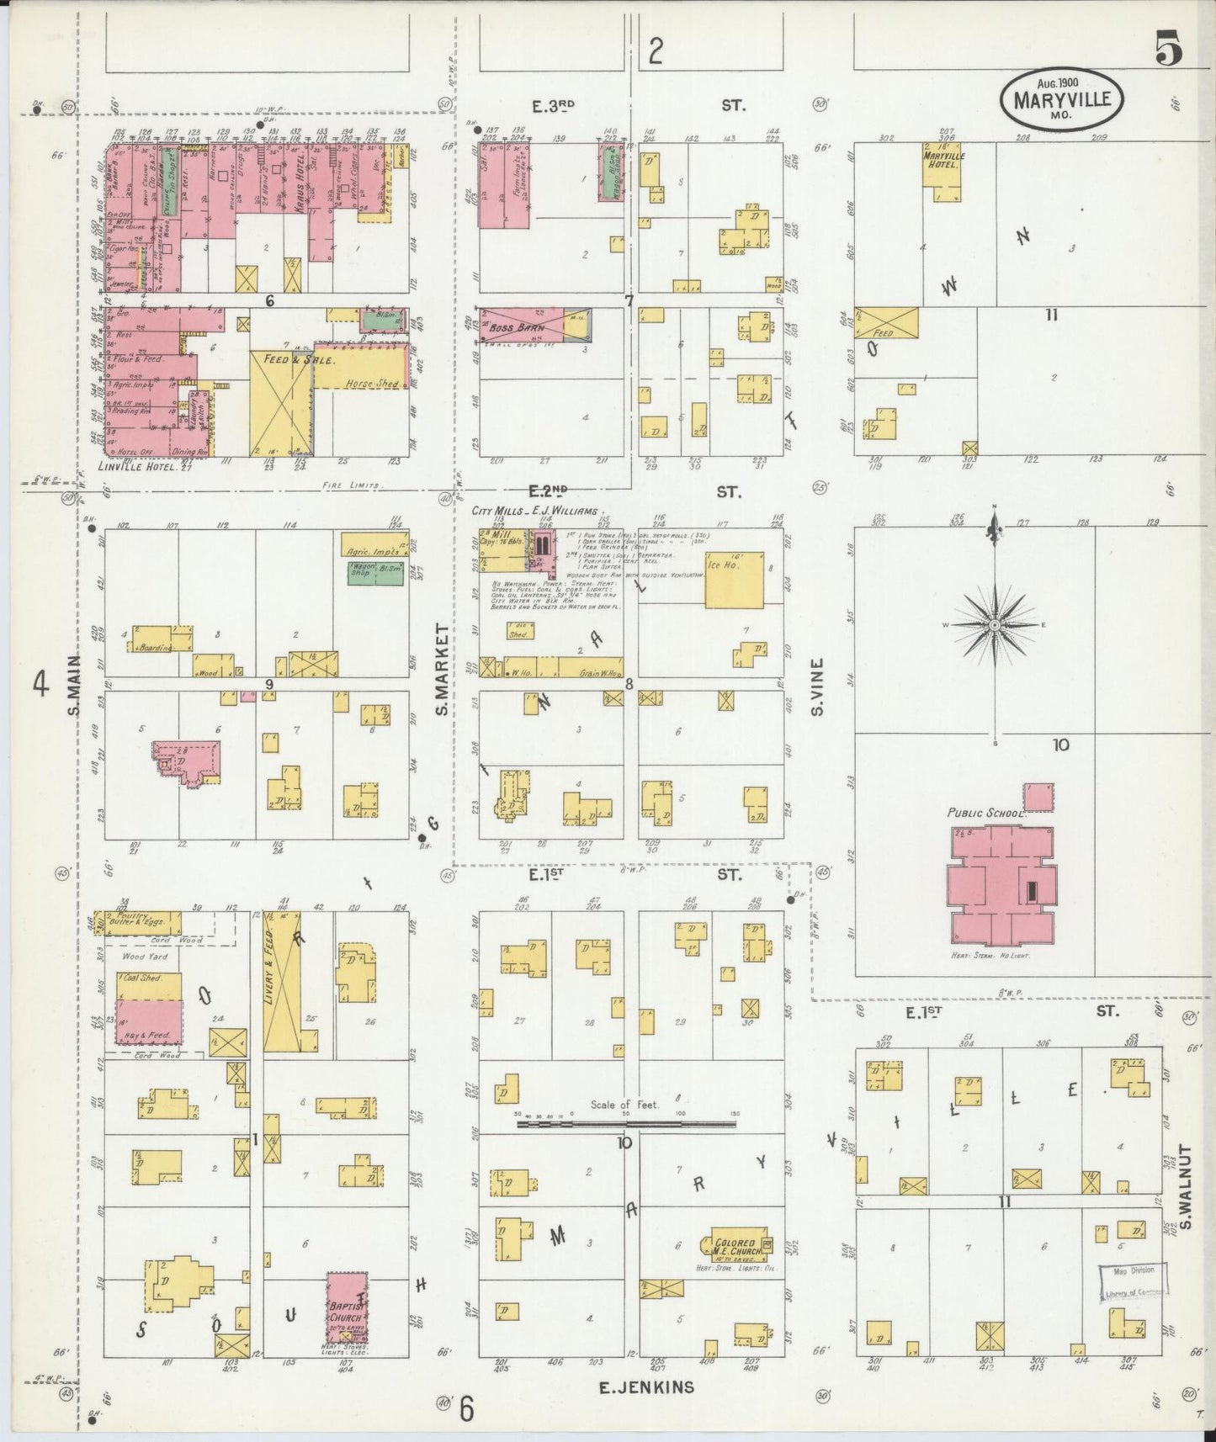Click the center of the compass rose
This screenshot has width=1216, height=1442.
(995, 625)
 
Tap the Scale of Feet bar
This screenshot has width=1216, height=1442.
(628, 1122)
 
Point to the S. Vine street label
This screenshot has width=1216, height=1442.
(817, 687)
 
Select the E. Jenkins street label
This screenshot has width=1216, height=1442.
(646, 1387)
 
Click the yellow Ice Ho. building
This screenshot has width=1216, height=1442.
(735, 579)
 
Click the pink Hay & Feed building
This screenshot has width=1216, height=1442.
(148, 1023)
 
